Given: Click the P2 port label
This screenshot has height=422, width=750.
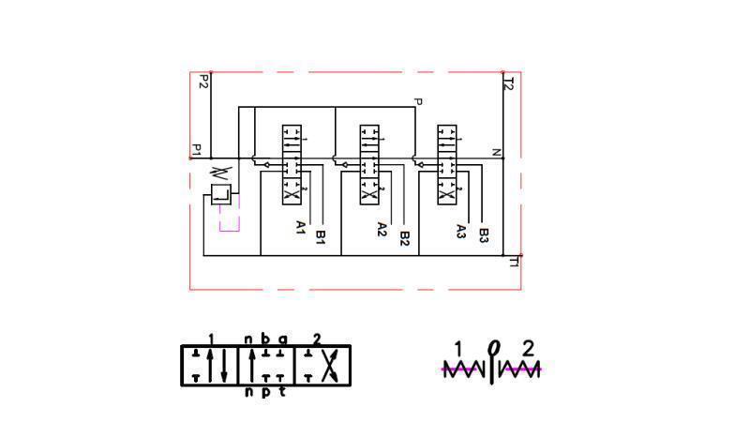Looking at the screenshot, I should [x=202, y=83].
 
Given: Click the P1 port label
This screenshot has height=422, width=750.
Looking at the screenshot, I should [x=197, y=149].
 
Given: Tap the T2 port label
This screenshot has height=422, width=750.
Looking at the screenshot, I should [x=509, y=83].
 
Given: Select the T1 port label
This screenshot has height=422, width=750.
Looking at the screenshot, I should [x=513, y=262].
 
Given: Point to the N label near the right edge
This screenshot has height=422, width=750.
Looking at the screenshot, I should [x=497, y=152].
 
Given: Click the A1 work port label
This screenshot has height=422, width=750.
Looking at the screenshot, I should [x=301, y=227].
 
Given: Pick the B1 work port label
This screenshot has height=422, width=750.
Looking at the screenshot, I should [x=320, y=237].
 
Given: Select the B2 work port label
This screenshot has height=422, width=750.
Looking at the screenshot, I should [x=404, y=238].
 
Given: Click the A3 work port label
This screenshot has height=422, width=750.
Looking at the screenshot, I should [x=460, y=231].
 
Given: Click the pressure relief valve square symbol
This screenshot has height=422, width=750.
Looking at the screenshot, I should [x=220, y=195].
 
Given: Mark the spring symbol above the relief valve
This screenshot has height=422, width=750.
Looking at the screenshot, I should [x=220, y=173].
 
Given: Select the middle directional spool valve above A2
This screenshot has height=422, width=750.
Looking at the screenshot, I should [x=369, y=165].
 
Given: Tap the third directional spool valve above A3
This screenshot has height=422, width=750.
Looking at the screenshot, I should [x=448, y=165].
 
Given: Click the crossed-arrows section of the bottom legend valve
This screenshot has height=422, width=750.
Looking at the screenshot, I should [x=323, y=366].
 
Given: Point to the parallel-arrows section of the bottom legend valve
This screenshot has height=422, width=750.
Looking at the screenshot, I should [x=210, y=366].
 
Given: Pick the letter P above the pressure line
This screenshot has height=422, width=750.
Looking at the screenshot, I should [x=418, y=101].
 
